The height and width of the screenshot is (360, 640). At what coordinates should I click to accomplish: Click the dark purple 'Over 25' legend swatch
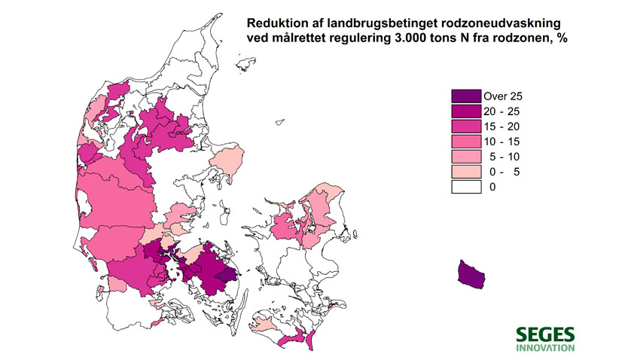[x=465, y=96]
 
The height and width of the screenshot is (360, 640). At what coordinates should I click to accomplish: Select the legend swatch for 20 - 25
[x=465, y=111]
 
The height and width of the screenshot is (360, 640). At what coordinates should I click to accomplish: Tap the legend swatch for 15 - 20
[x=465, y=127]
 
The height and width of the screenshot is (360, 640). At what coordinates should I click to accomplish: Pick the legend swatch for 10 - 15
[x=465, y=142]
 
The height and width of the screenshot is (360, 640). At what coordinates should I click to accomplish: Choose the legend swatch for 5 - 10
[x=465, y=157]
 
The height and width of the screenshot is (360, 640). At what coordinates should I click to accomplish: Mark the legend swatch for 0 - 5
[x=465, y=172]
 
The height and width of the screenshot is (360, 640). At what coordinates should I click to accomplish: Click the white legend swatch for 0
[x=465, y=187]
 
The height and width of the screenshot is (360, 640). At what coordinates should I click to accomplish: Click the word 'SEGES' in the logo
[x=545, y=334]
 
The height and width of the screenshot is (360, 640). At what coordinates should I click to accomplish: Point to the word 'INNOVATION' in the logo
[x=545, y=348]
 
